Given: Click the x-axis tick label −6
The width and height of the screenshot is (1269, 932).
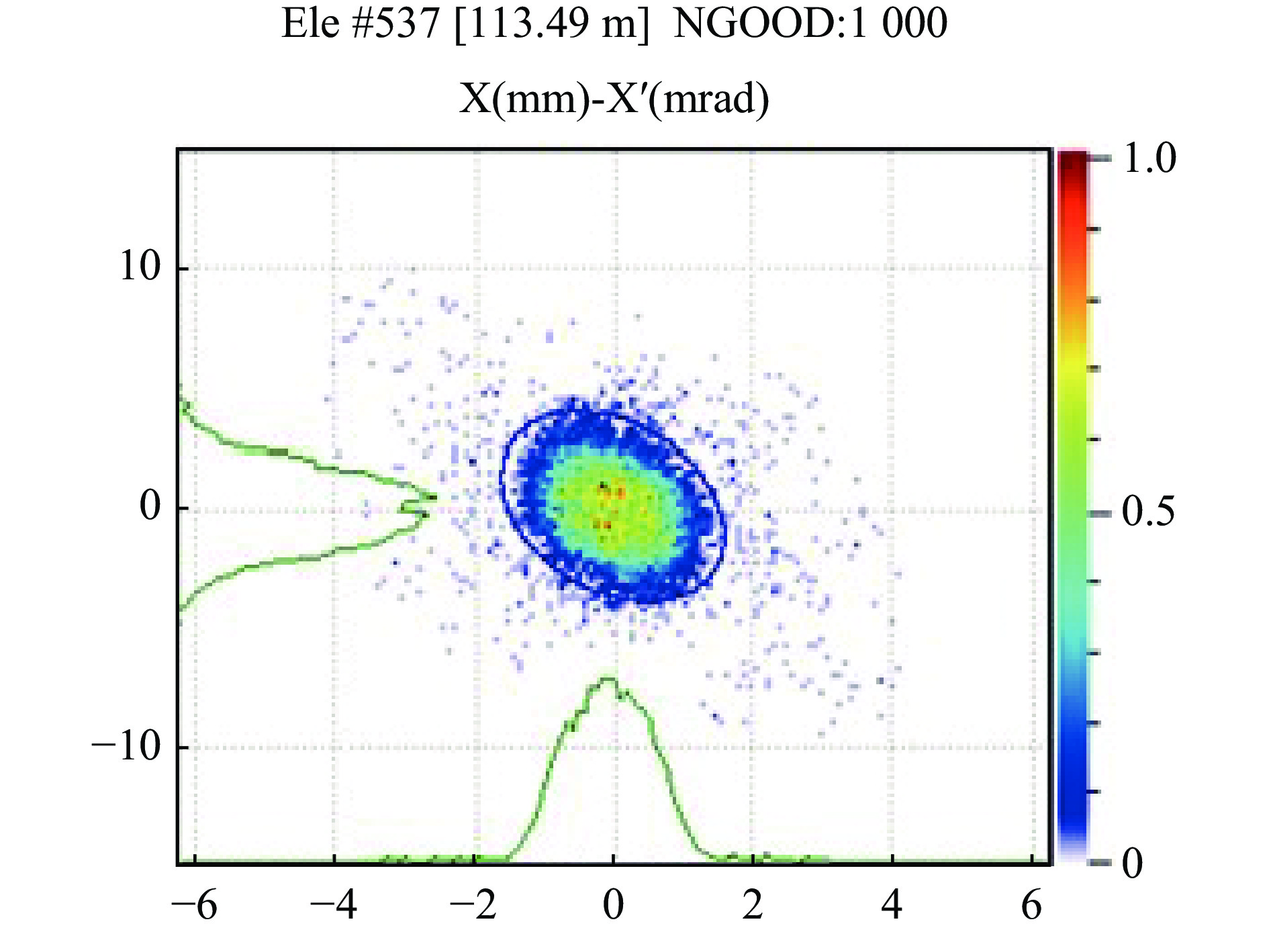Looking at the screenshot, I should click(x=194, y=904).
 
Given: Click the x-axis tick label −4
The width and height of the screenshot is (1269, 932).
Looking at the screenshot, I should click(x=333, y=904).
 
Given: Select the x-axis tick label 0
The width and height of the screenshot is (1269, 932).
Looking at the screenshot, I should click(x=612, y=904).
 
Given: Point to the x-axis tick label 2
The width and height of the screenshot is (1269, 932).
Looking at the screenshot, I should click(x=753, y=904).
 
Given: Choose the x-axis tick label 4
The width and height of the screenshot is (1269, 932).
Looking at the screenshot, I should click(x=892, y=904).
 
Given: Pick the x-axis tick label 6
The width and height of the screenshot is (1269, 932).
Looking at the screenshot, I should click(x=1031, y=904).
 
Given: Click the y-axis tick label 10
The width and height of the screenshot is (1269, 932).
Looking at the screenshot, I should click(x=140, y=267).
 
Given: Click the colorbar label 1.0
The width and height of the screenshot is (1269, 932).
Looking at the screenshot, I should click(x=1149, y=158).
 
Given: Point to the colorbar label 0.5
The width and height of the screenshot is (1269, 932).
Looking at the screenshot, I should click(x=1148, y=512).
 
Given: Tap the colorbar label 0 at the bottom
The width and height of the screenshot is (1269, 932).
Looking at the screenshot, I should click(x=1132, y=863).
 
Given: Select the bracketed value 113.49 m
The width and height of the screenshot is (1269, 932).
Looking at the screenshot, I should click(x=552, y=24).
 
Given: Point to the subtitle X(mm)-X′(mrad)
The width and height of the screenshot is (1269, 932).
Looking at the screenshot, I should click(x=614, y=99).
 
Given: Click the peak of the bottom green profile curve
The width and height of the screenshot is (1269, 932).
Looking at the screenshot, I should click(x=608, y=679).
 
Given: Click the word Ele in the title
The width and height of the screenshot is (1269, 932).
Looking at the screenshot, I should click(x=310, y=24).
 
